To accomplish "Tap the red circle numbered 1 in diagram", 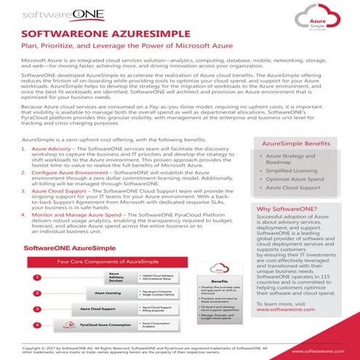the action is (x=36, y=277).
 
